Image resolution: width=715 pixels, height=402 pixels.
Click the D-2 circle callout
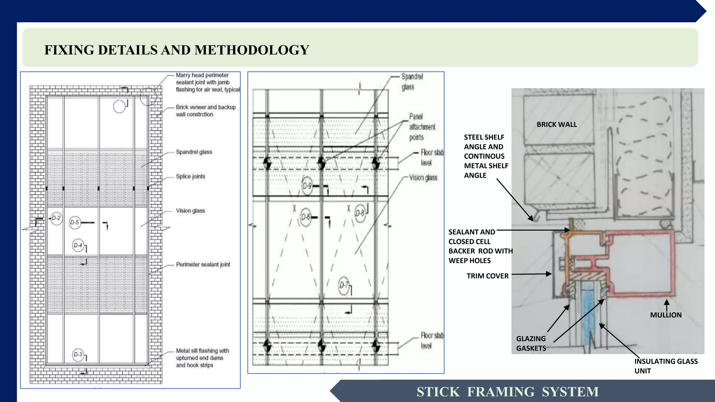(56, 218)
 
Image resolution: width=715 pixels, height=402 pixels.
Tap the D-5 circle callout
(75, 222)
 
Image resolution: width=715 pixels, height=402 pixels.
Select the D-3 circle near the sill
(78, 355)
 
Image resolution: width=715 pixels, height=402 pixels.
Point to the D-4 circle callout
(78, 245)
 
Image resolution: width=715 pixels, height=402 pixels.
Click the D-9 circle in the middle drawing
(307, 186)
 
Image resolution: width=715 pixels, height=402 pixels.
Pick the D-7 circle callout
(344, 285)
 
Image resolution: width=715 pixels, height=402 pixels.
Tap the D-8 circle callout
(360, 213)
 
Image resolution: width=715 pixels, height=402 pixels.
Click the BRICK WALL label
(556, 125)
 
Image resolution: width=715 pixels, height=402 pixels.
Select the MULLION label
(665, 315)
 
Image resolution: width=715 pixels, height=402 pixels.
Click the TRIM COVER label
(487, 276)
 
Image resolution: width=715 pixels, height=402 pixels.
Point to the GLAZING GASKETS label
(531, 343)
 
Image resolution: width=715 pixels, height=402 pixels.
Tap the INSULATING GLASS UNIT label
(665, 366)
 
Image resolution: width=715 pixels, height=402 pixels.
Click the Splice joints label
(190, 177)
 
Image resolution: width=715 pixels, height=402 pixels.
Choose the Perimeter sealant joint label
(203, 265)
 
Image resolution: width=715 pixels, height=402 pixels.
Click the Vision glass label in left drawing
(190, 211)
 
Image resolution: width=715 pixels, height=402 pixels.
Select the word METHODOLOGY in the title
(252, 50)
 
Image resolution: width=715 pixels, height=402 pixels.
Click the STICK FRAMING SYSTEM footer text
(507, 392)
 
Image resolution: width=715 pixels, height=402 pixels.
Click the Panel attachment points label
(422, 127)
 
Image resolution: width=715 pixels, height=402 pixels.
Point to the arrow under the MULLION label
(666, 304)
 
